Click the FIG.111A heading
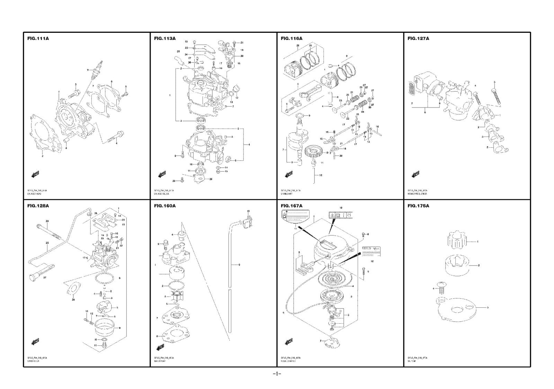pyautogui.click(x=38, y=38)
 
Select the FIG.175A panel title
pyautogui.click(x=418, y=206)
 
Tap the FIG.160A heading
pyautogui.click(x=165, y=206)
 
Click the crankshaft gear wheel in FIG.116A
pyautogui.click(x=314, y=152)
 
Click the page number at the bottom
pyautogui.click(x=277, y=374)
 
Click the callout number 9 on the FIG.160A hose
pyautogui.click(x=239, y=265)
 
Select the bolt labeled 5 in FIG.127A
pyautogui.click(x=495, y=93)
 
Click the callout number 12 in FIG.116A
pyautogui.click(x=321, y=175)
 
